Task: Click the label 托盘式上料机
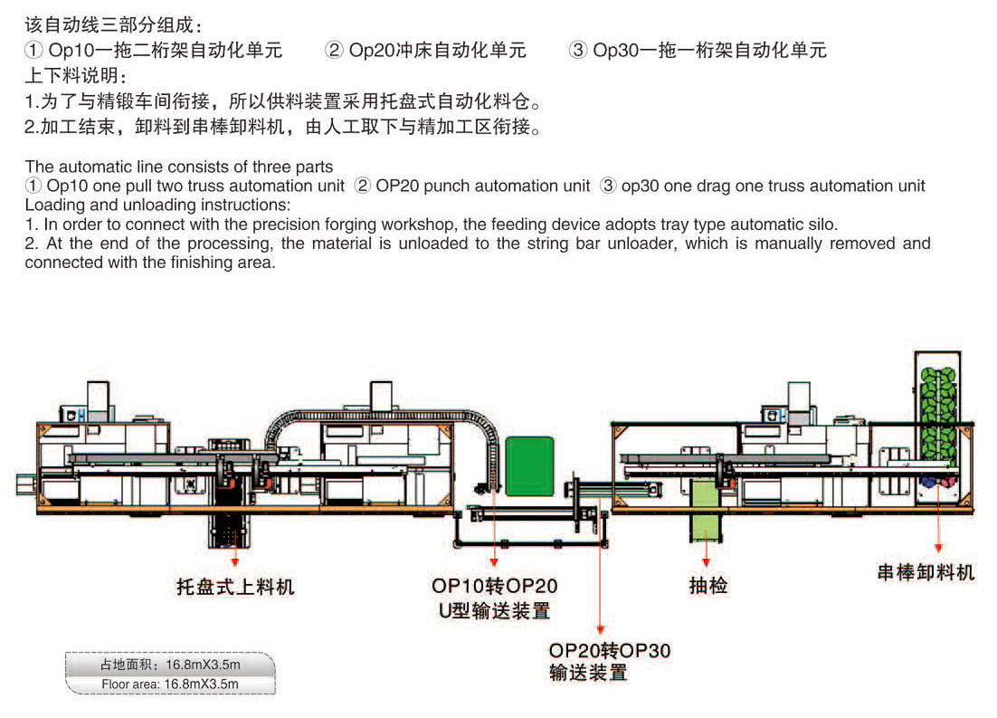pos(235,588)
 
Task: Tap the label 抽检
pos(707,586)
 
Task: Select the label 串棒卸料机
pos(926,572)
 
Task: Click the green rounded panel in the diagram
pos(529,465)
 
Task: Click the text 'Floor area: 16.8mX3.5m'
pos(170,684)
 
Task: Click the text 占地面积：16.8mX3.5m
pos(170,665)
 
